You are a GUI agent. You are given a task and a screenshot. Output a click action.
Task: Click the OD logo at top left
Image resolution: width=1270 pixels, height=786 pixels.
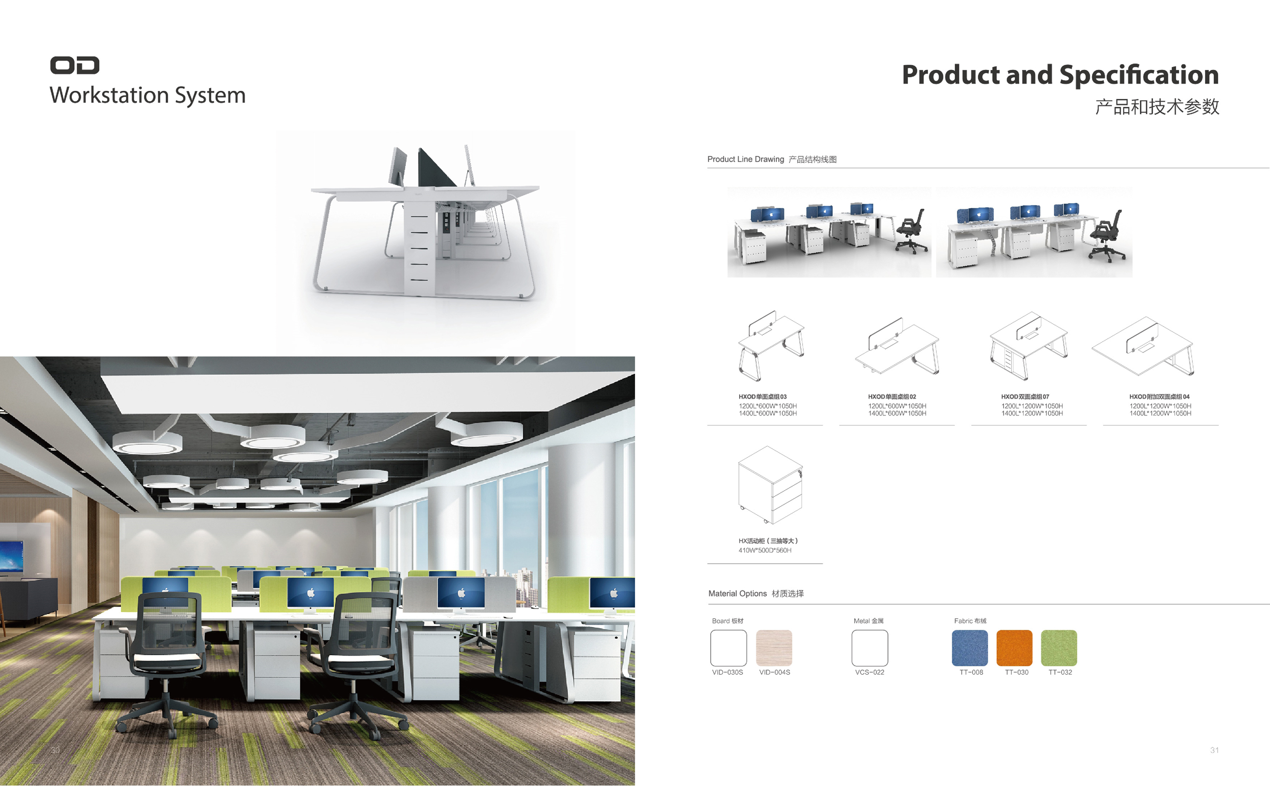(74, 65)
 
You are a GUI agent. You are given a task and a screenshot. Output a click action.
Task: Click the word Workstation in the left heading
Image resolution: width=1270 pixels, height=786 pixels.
(109, 95)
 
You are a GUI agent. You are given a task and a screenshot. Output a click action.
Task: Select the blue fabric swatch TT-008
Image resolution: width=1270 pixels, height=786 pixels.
(969, 648)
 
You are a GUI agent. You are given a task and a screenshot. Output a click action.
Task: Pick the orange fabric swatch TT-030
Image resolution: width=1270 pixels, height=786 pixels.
(1014, 648)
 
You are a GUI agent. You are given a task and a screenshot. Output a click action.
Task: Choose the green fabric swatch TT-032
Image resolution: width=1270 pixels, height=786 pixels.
(1059, 648)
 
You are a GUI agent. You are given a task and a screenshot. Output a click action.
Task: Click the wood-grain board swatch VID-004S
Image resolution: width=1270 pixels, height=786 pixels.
(774, 648)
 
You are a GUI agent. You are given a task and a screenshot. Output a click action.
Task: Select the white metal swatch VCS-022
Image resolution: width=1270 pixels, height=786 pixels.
(870, 648)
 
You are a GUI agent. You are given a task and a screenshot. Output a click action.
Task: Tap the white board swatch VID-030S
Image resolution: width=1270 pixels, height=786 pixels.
(728, 648)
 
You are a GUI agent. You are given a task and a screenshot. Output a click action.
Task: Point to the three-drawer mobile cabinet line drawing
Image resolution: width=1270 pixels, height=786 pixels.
(770, 485)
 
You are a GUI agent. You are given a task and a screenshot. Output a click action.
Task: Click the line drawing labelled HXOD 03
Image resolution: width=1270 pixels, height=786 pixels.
(771, 346)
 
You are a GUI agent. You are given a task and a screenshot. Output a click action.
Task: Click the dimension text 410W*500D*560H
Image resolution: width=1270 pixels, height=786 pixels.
(765, 550)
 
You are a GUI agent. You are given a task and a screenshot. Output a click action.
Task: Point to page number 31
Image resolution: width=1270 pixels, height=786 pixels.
(1214, 750)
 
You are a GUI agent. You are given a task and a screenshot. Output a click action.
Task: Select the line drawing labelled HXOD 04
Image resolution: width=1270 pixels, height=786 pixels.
(1142, 346)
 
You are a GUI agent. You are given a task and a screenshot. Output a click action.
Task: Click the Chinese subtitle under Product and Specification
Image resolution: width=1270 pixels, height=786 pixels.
(1157, 107)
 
